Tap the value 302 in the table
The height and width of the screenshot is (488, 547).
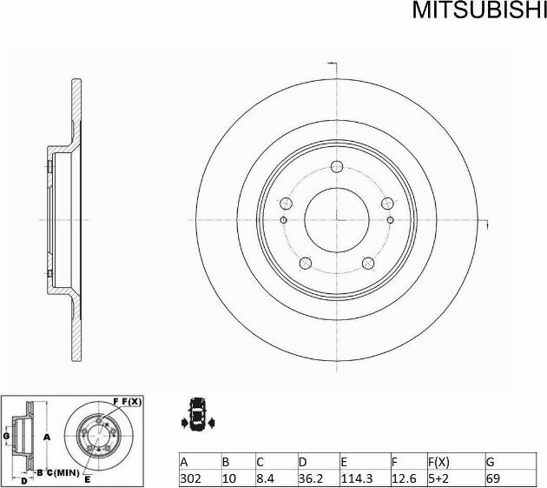pyautogui.click(x=190, y=478)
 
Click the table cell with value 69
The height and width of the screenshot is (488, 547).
pyautogui.click(x=492, y=478)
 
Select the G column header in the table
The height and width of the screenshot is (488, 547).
pyautogui.click(x=490, y=461)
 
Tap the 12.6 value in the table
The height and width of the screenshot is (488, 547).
pyautogui.click(x=400, y=478)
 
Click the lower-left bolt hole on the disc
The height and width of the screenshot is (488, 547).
pyautogui.click(x=306, y=264)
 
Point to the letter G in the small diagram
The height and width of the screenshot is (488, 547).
pyautogui.click(x=6, y=434)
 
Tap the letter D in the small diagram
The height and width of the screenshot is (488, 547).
pyautogui.click(x=23, y=479)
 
